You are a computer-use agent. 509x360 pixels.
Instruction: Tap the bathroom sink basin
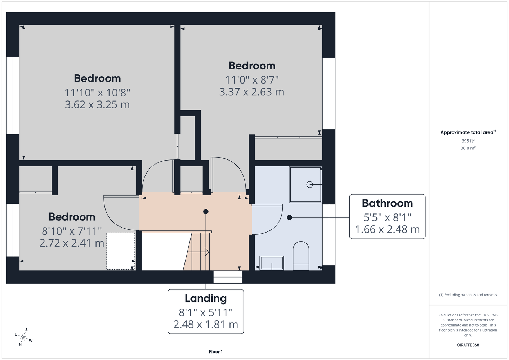coord(272,263)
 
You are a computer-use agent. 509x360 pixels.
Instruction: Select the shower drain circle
coord(309,185)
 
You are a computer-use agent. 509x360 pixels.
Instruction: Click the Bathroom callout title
coord(387,203)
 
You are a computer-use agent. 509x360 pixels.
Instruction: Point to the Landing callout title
coord(206,298)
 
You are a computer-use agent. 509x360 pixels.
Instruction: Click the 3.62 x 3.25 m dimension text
coord(97,104)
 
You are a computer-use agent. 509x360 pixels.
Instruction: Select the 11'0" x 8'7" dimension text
coord(252,80)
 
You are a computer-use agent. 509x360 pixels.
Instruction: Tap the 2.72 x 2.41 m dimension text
coord(72,243)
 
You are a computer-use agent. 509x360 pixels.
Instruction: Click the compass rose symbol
coord(23,337)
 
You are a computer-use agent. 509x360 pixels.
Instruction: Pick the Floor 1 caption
coord(216,352)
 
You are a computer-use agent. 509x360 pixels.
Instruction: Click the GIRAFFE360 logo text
coord(468,345)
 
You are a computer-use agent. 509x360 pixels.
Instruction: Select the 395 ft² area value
coord(468,141)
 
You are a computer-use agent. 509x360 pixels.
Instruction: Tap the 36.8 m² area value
coord(468,148)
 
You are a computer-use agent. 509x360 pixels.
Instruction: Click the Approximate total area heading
coord(468,132)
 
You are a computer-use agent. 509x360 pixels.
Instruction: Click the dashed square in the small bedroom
coord(121,251)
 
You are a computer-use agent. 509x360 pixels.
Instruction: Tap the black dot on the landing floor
coord(206,211)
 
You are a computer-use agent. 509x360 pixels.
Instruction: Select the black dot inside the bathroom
coord(289,217)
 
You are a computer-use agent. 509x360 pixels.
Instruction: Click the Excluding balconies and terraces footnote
coord(468,295)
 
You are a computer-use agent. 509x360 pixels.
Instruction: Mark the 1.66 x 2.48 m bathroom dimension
coord(387,229)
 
